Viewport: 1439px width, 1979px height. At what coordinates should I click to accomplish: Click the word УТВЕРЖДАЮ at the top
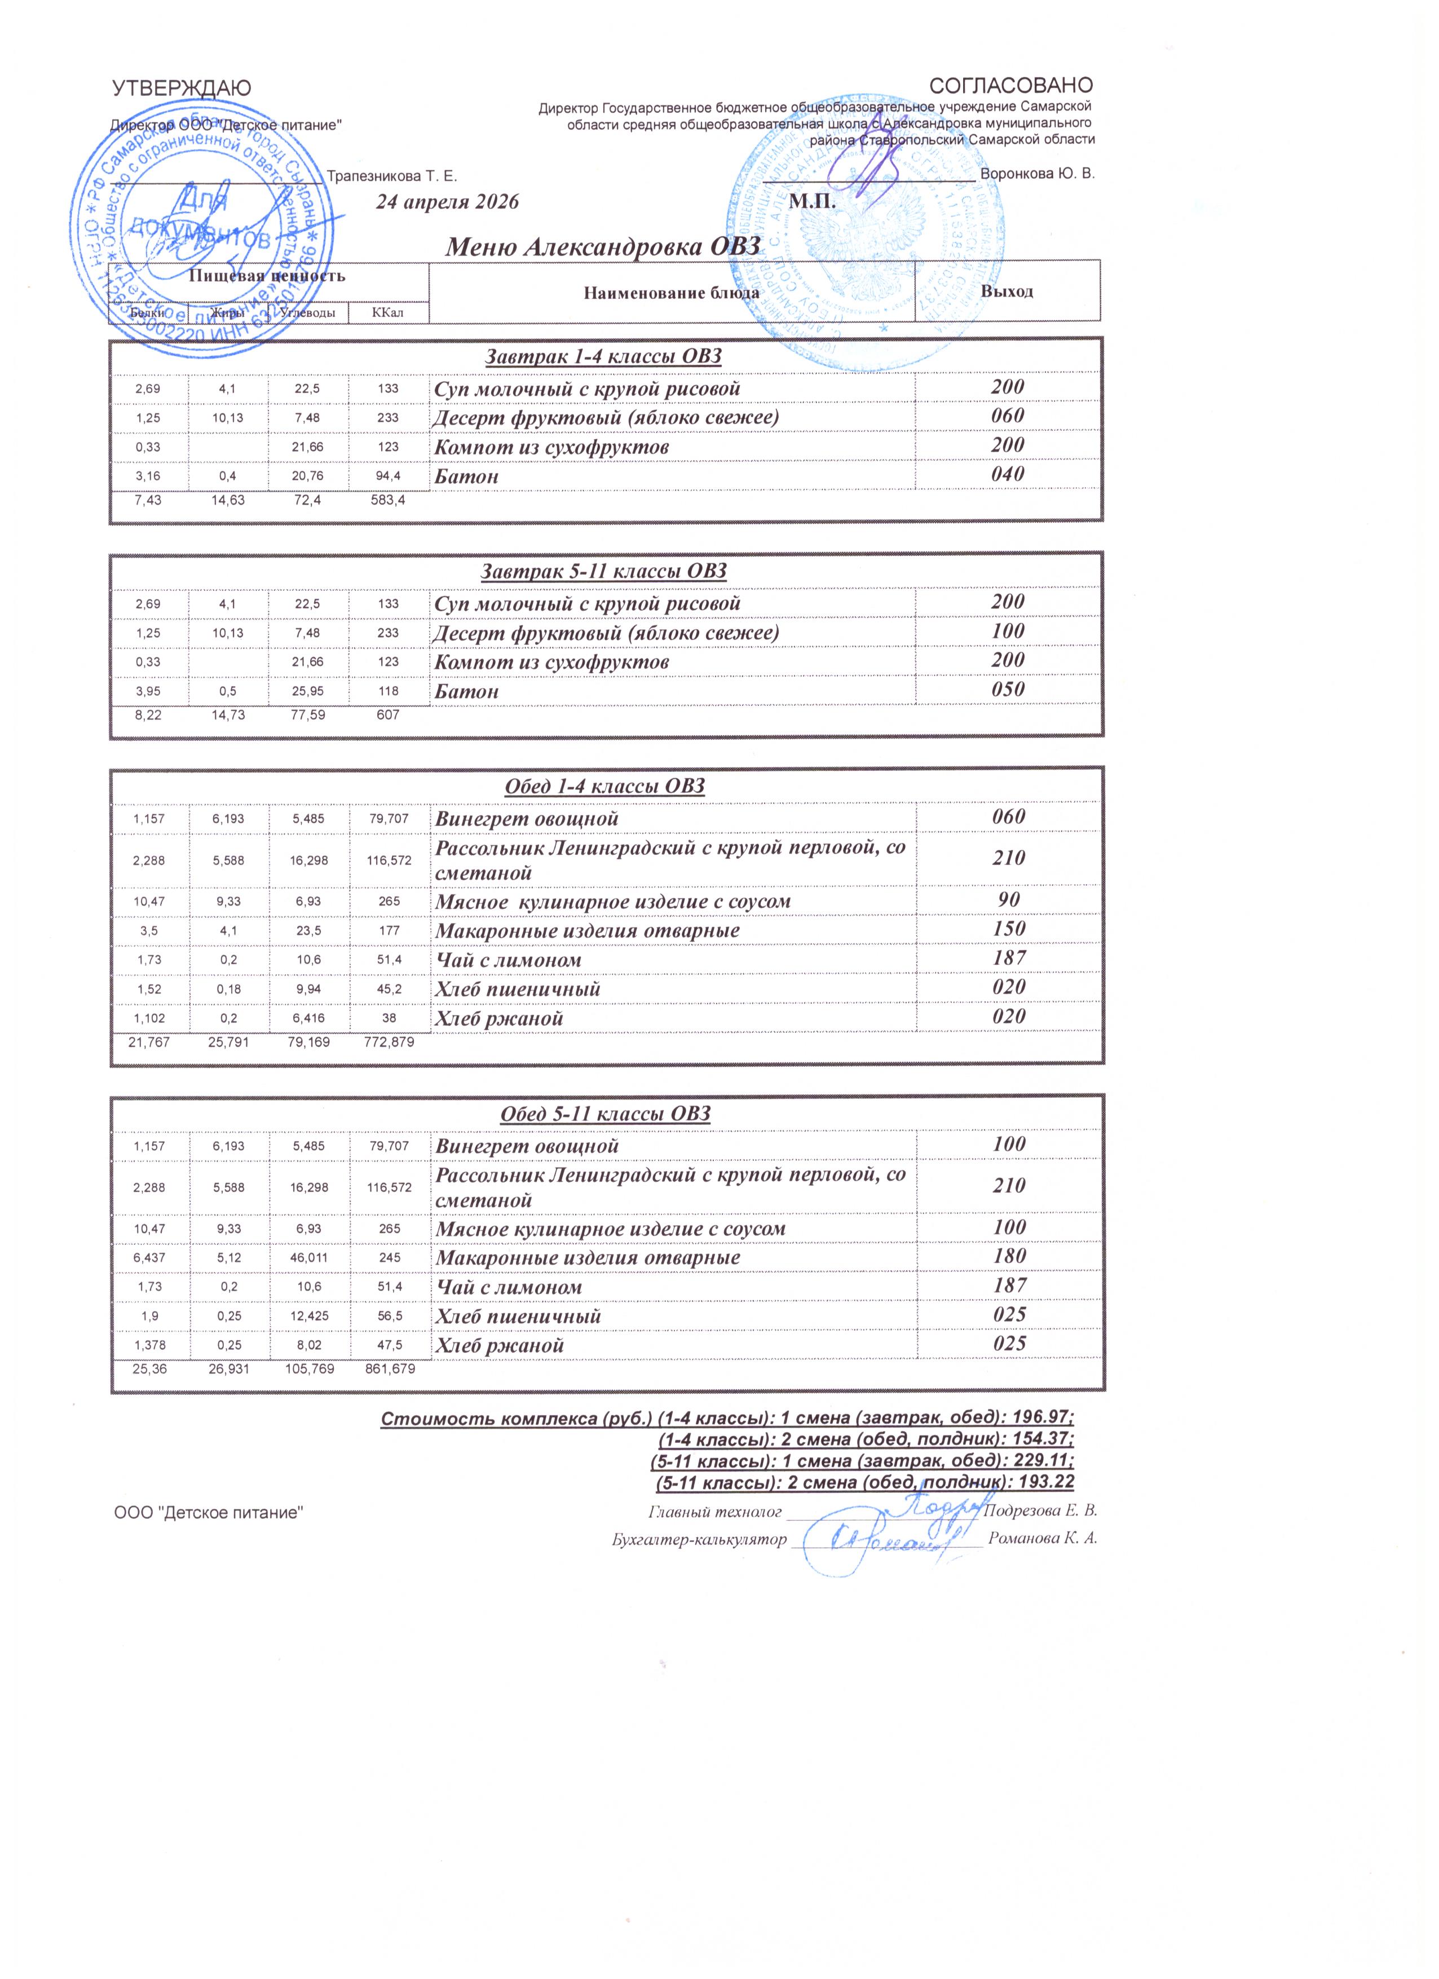click(182, 87)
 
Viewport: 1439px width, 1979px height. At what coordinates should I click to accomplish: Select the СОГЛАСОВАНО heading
click(1012, 86)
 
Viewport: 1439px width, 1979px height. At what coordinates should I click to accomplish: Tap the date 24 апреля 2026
click(447, 202)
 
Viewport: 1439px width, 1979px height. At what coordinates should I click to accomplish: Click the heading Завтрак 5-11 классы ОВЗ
click(604, 572)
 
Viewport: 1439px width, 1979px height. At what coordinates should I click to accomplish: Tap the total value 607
click(389, 715)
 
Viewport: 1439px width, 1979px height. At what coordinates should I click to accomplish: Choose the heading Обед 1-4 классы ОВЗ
click(604, 786)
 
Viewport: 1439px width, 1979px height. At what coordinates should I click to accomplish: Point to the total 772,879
click(389, 1042)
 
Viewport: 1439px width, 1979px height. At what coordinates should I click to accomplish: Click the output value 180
click(1009, 1257)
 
